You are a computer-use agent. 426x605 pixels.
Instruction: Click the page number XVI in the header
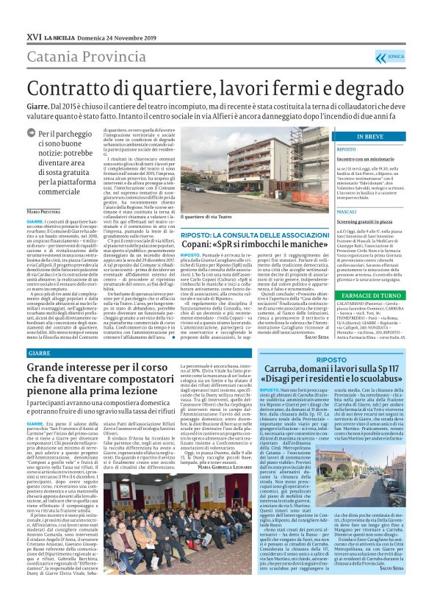click(32, 36)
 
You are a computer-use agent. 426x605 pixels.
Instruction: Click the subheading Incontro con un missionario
click(356, 158)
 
